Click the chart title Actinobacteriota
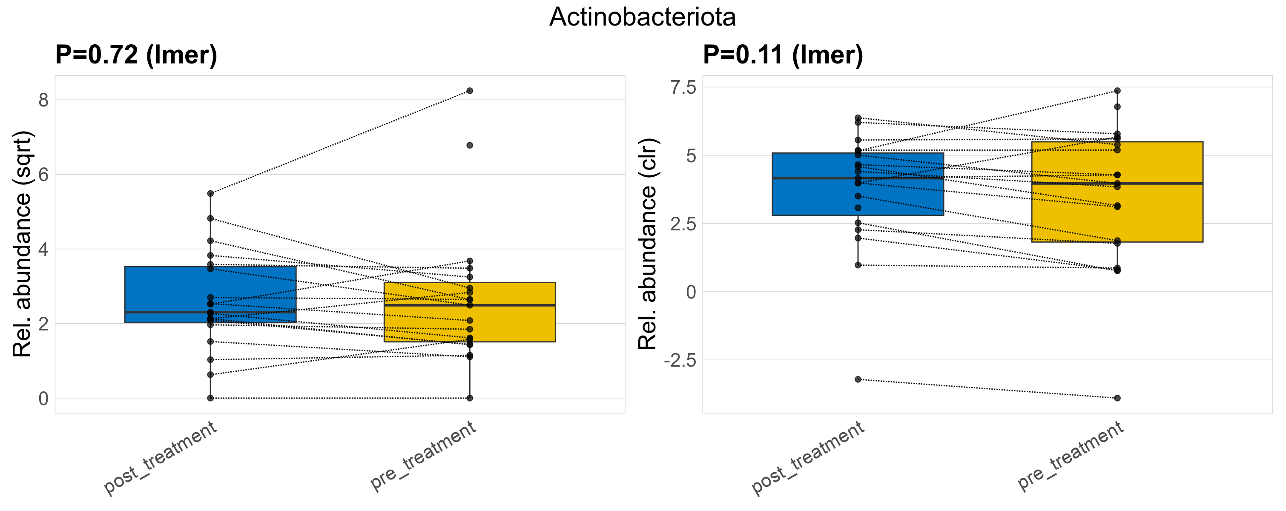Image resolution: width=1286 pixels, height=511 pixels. click(x=642, y=17)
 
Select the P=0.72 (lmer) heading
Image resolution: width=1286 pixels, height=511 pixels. click(x=136, y=55)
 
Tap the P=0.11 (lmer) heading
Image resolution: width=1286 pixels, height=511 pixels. click(x=783, y=55)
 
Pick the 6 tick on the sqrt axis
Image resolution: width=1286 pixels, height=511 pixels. click(x=43, y=175)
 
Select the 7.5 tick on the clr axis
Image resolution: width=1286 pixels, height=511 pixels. click(x=683, y=87)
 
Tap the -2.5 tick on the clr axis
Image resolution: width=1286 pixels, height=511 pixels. click(x=680, y=360)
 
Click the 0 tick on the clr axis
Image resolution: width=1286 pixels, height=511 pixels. click(x=691, y=292)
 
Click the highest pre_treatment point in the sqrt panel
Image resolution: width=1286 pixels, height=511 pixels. click(x=470, y=91)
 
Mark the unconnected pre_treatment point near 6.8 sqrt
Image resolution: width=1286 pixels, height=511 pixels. click(x=470, y=145)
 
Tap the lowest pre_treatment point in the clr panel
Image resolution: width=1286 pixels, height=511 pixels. click(x=1117, y=398)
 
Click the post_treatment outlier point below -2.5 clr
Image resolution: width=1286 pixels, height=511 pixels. click(x=858, y=379)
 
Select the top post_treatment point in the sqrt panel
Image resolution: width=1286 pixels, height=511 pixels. click(x=211, y=194)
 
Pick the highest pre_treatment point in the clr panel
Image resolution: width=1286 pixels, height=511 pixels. click(x=1117, y=91)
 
